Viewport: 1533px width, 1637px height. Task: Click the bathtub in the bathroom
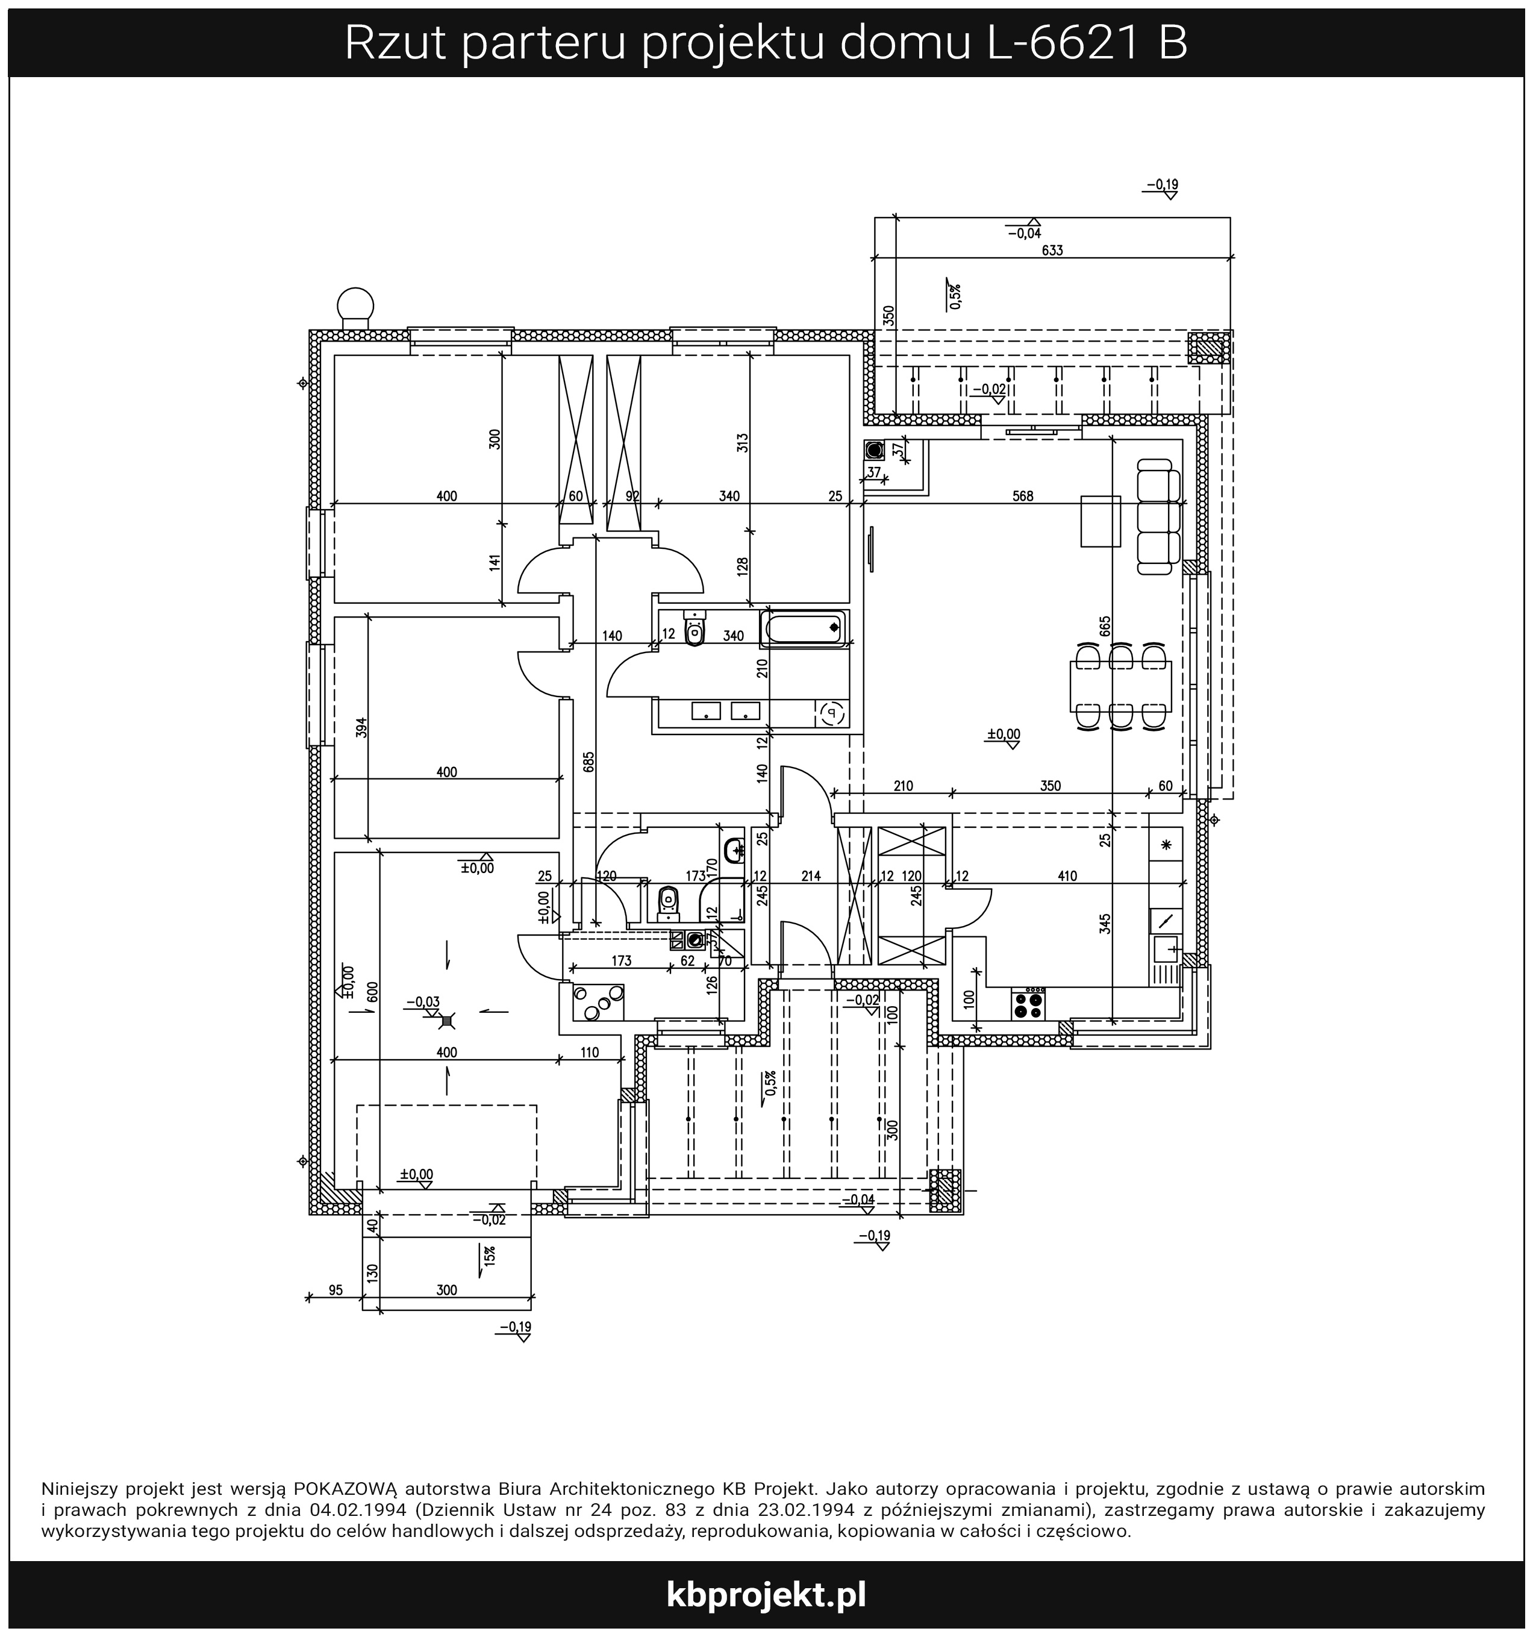[x=804, y=629]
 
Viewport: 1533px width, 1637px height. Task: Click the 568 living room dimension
[x=1023, y=496]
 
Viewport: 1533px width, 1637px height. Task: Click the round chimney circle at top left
[x=355, y=303]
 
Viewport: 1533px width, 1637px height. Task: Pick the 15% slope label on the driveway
[x=490, y=1255]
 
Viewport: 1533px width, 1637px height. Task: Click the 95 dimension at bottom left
[x=335, y=1291]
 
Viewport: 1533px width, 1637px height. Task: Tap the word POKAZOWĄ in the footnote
[x=346, y=1488]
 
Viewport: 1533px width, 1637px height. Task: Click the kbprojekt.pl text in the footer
[x=766, y=1594]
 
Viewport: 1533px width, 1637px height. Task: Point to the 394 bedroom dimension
[x=361, y=728]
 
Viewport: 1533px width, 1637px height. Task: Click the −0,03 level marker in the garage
[x=423, y=1002]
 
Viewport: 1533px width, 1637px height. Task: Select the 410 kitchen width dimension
[x=1067, y=876]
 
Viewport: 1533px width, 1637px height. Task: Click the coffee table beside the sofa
[x=1101, y=521]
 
